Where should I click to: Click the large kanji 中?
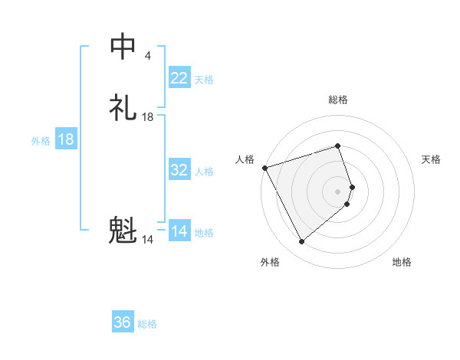(123, 47)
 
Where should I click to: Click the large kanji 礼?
(123, 107)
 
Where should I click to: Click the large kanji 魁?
(123, 231)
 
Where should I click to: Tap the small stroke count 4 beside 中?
(147, 55)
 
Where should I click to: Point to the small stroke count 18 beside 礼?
(148, 117)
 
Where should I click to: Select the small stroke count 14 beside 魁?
(148, 240)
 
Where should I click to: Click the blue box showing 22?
(179, 78)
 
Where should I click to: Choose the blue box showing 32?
(179, 170)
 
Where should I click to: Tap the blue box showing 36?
(123, 322)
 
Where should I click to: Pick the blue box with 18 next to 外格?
(66, 139)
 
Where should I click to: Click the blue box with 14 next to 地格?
(179, 231)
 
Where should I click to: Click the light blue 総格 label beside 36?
(147, 324)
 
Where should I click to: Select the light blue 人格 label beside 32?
(204, 172)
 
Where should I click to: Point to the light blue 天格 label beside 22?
(204, 80)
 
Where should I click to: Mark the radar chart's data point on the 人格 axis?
(264, 167)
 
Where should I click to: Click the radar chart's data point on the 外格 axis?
(301, 242)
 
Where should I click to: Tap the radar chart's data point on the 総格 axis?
(337, 146)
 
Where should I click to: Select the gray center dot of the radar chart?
(338, 191)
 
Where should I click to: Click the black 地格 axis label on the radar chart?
(402, 262)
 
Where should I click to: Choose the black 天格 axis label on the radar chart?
(431, 159)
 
